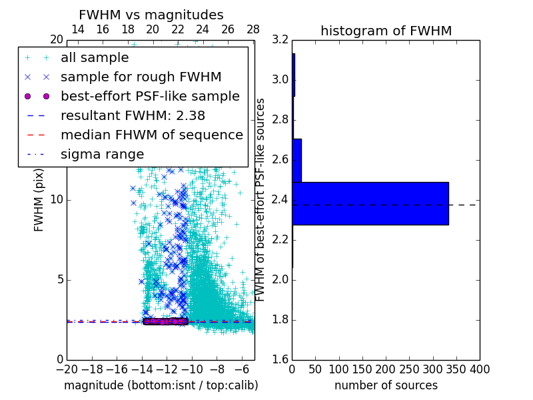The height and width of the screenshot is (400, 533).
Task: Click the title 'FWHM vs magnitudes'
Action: coord(151,15)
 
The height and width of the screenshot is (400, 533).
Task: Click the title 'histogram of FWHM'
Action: coord(386,31)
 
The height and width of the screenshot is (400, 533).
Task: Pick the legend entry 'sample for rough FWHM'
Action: coord(141,77)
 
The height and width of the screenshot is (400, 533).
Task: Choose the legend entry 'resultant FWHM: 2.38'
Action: coord(133,115)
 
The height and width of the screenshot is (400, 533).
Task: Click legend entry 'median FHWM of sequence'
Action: coord(151,135)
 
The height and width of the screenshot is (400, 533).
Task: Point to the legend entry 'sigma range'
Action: coord(102,154)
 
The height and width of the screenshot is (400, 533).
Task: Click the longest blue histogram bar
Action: coord(370,203)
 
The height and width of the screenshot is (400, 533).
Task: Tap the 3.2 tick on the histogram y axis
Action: coord(280,40)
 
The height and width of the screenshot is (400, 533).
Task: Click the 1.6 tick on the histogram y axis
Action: coord(280,360)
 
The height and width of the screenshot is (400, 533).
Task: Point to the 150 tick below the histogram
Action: coord(362,369)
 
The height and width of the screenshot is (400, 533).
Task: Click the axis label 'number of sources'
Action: coord(386,385)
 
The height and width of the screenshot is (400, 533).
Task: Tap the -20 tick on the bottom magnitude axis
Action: coord(67,369)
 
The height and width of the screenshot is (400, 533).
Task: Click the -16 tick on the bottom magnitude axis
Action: coord(117,369)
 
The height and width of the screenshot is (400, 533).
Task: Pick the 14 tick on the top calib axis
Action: coord(77,29)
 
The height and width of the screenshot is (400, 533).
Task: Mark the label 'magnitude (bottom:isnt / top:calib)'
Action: coord(161,385)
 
